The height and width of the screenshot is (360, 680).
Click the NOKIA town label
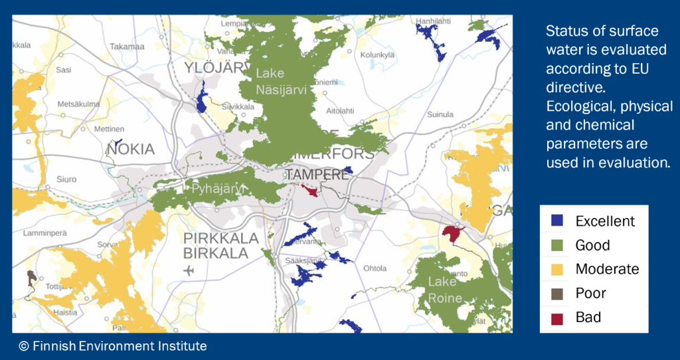pyautogui.click(x=130, y=149)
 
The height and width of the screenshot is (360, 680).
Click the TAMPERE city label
pyautogui.click(x=317, y=175)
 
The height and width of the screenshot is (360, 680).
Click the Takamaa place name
pyautogui.click(x=127, y=46)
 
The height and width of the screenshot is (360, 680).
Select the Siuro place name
pyautogui.click(x=66, y=179)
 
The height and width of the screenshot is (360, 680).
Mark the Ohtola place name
pyautogui.click(x=375, y=268)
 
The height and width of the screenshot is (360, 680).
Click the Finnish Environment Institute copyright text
pyautogui.click(x=113, y=346)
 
